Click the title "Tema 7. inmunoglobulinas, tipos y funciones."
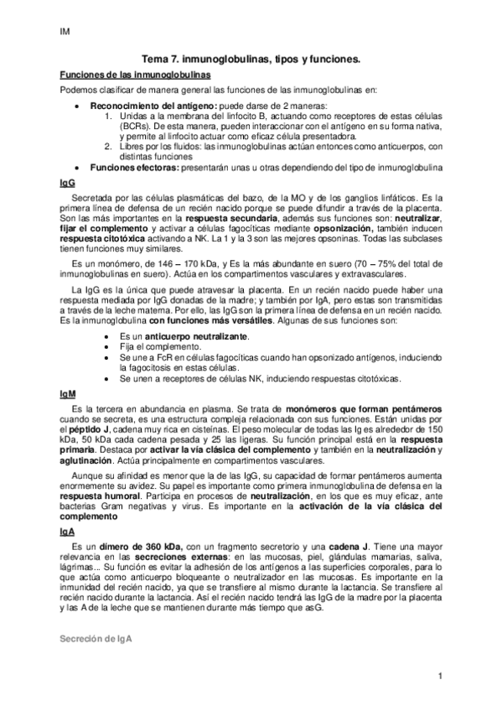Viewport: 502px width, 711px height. pyautogui.click(x=251, y=60)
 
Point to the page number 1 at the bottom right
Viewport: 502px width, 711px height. pyautogui.click(x=440, y=676)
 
